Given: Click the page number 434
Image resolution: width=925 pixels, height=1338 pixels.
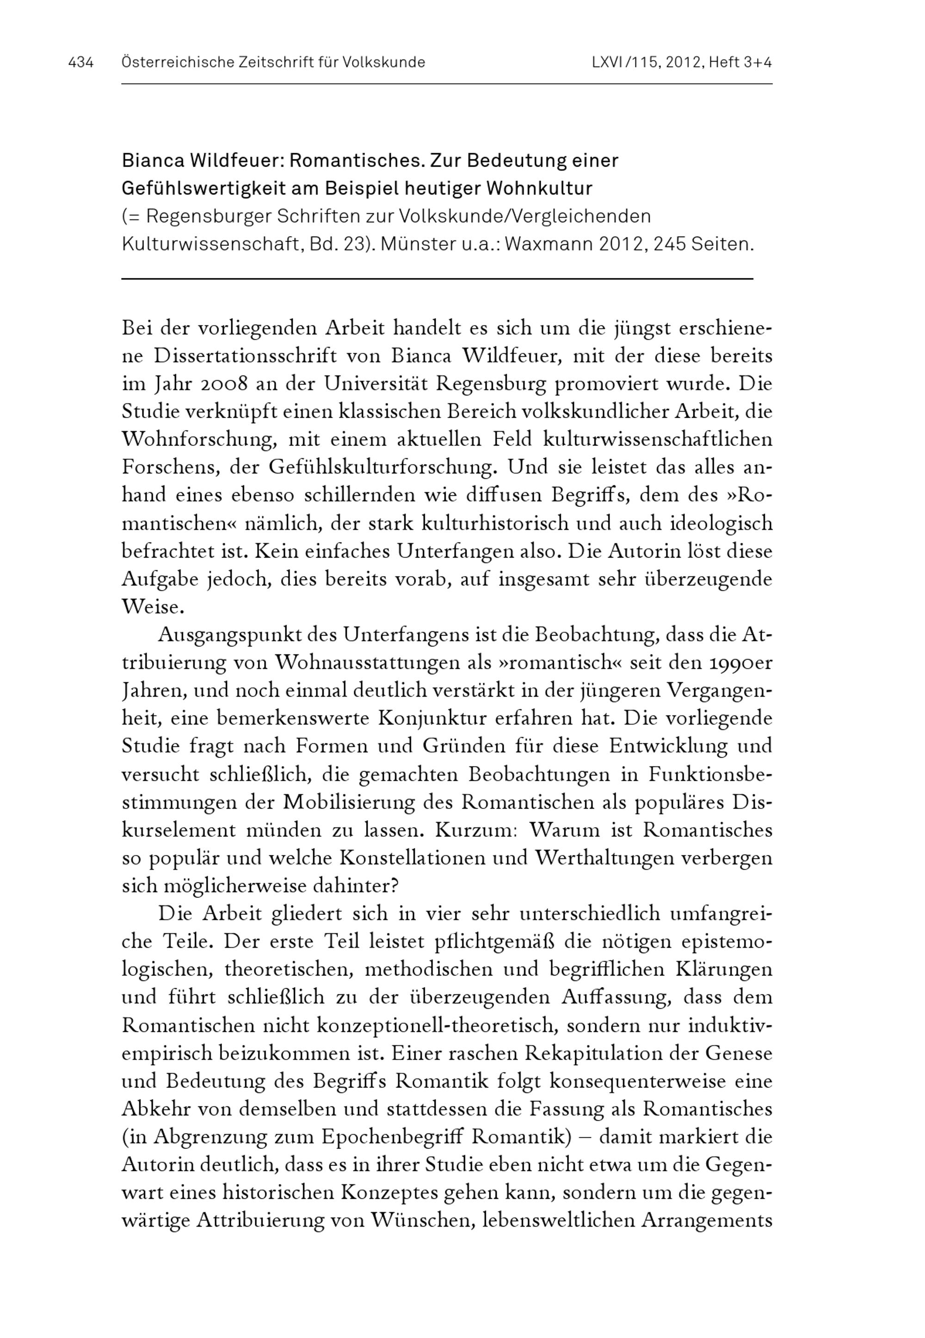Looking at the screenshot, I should click(80, 62).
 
